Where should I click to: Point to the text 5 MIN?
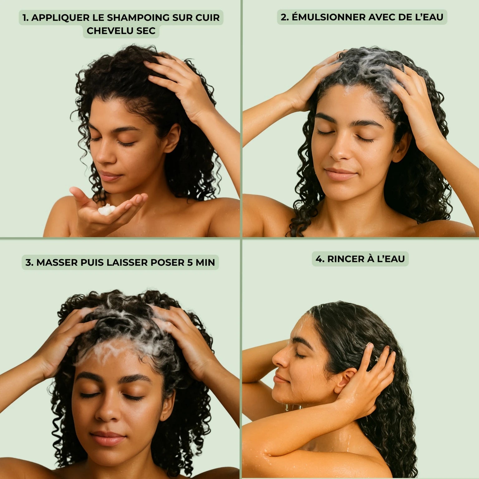[x=201, y=262]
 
